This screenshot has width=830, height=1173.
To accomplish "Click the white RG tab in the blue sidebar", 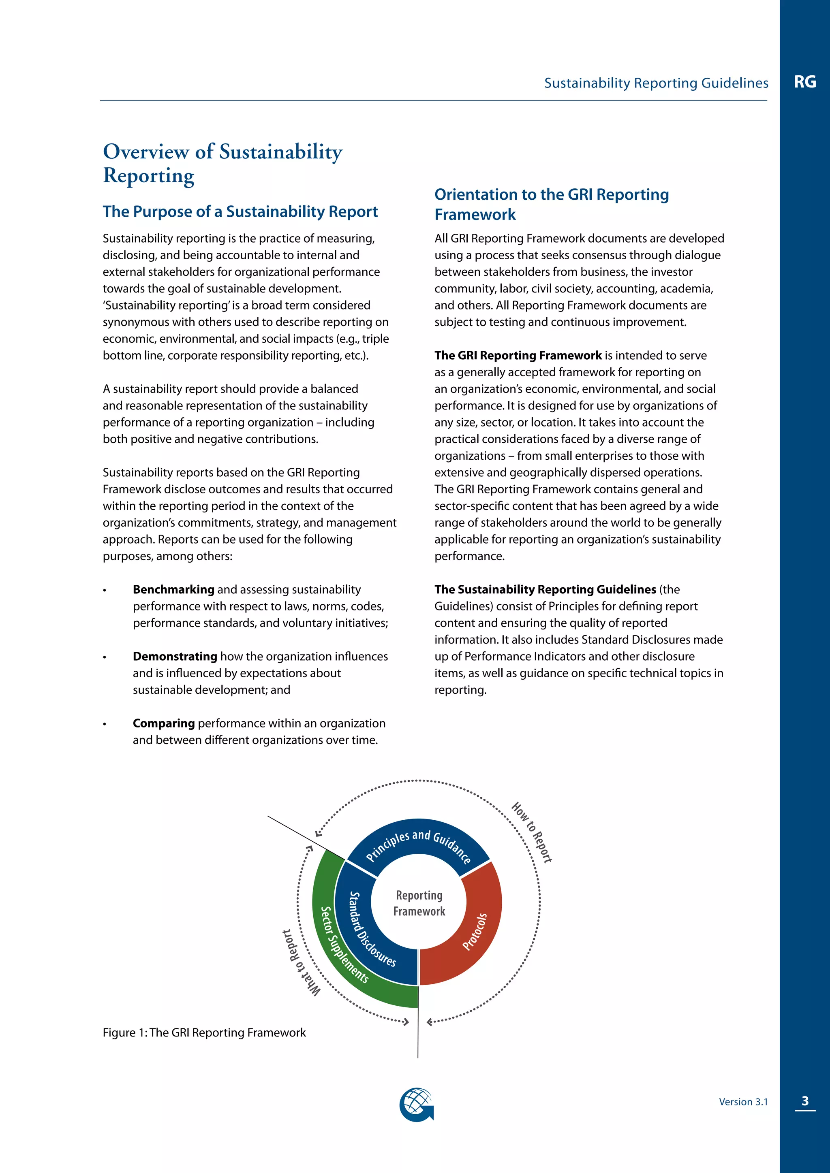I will (x=804, y=82).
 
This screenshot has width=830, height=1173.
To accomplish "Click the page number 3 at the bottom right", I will (x=805, y=1101).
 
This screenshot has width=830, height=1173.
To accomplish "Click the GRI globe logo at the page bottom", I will (x=417, y=1105).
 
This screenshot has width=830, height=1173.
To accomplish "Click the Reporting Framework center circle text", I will (x=419, y=903).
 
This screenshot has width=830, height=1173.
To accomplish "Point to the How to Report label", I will (x=532, y=833).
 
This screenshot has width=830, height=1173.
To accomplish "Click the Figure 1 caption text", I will (x=204, y=1032).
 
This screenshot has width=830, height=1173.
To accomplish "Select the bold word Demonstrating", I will (x=175, y=656).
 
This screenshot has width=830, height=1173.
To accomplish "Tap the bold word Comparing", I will (x=164, y=723).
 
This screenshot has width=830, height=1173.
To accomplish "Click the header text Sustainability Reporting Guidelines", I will (x=656, y=83).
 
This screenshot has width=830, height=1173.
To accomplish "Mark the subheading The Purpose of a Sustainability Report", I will (x=240, y=211).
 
